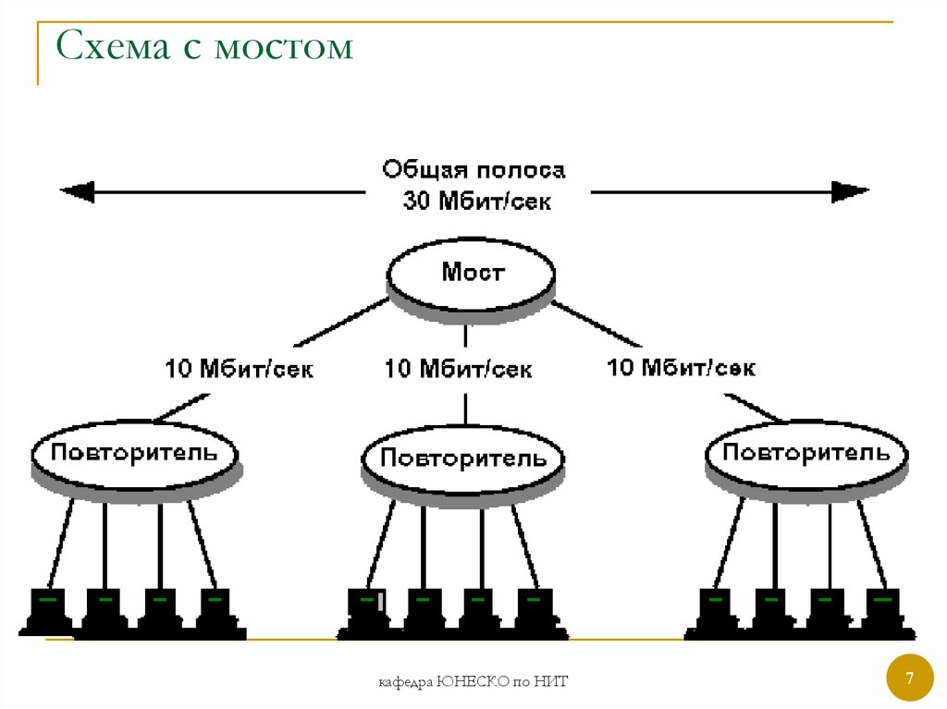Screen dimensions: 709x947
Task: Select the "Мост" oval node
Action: pos(472,274)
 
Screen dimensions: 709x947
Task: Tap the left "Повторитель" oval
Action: pos(135,453)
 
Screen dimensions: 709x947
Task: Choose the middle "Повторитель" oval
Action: pos(463,458)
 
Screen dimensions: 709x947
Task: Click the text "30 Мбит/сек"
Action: pos(476,201)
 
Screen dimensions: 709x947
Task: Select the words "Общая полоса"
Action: pos(473,171)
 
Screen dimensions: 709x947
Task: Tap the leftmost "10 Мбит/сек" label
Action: pos(240,370)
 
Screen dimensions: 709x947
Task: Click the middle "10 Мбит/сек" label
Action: pos(459,370)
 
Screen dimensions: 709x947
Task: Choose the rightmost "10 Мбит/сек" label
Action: pos(681,368)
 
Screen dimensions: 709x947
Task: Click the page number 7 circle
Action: pos(909,679)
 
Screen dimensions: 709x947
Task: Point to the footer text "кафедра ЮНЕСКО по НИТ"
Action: pos(473,682)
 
